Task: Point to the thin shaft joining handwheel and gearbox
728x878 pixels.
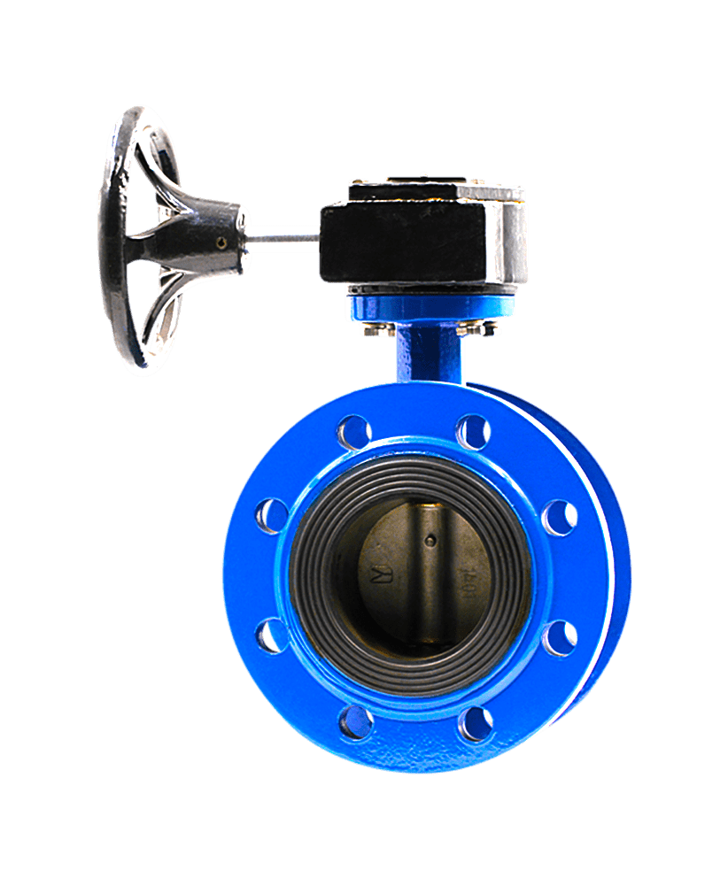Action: coord(282,235)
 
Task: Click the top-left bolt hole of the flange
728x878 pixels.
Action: coord(353,433)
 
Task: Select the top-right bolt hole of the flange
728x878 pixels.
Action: coord(473,432)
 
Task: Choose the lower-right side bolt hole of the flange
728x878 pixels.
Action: coord(559,637)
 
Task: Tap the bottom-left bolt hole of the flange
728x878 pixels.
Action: coord(355,722)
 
